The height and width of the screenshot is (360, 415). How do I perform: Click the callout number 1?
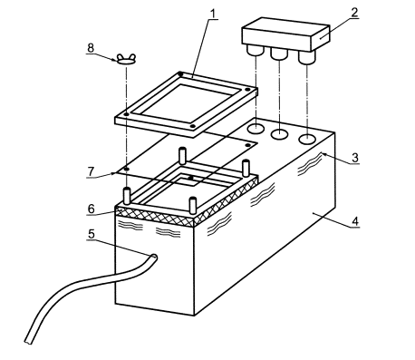click(x=214, y=14)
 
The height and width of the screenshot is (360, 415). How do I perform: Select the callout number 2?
click(x=354, y=13)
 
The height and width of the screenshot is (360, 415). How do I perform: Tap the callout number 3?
click(x=355, y=158)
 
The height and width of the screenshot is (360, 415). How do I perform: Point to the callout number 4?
click(x=355, y=221)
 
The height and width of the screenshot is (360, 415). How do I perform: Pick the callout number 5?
click(x=92, y=234)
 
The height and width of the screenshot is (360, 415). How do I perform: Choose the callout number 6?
click(x=92, y=209)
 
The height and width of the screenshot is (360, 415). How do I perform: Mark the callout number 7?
click(x=91, y=171)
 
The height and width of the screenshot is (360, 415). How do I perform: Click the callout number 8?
click(x=91, y=48)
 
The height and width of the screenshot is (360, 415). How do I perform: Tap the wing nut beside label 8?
click(x=126, y=59)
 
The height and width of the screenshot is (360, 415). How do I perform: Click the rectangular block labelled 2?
click(x=285, y=34)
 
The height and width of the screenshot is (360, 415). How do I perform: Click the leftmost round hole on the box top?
click(x=256, y=129)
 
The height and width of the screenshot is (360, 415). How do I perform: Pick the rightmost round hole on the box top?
click(x=307, y=139)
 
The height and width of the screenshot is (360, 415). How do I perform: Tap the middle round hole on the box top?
click(x=280, y=133)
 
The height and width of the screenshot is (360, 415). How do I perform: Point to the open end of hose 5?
click(x=153, y=258)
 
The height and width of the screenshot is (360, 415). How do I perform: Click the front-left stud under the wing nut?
click(x=127, y=196)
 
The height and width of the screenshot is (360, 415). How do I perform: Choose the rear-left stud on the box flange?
click(x=182, y=155)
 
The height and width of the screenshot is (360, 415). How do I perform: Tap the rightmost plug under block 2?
click(x=307, y=57)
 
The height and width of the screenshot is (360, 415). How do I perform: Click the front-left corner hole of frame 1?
click(x=127, y=114)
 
